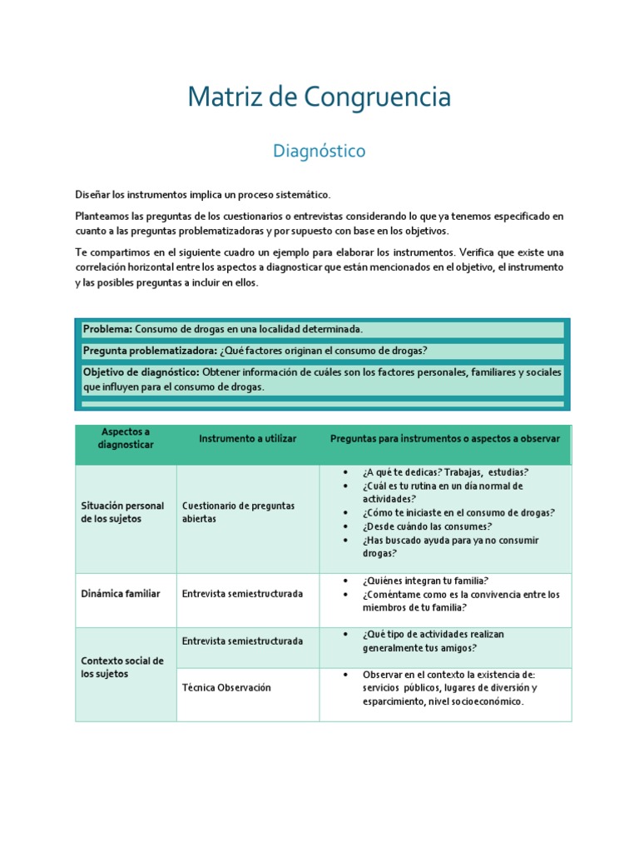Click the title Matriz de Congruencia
coord(319,97)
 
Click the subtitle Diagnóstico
coord(319,152)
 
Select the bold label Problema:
coord(107,329)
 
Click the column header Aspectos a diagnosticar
coord(126,438)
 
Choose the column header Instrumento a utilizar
coord(247,438)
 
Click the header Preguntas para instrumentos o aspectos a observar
coord(444,438)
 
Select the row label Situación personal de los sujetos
coord(122,512)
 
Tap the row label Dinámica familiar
coord(120,594)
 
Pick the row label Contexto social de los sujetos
coord(122,667)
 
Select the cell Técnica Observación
coord(226,688)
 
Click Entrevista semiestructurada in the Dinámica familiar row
coord(242,594)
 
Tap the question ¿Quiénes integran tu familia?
coord(425,581)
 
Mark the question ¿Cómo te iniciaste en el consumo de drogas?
coord(458,513)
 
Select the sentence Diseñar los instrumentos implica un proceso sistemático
coord(203,195)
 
